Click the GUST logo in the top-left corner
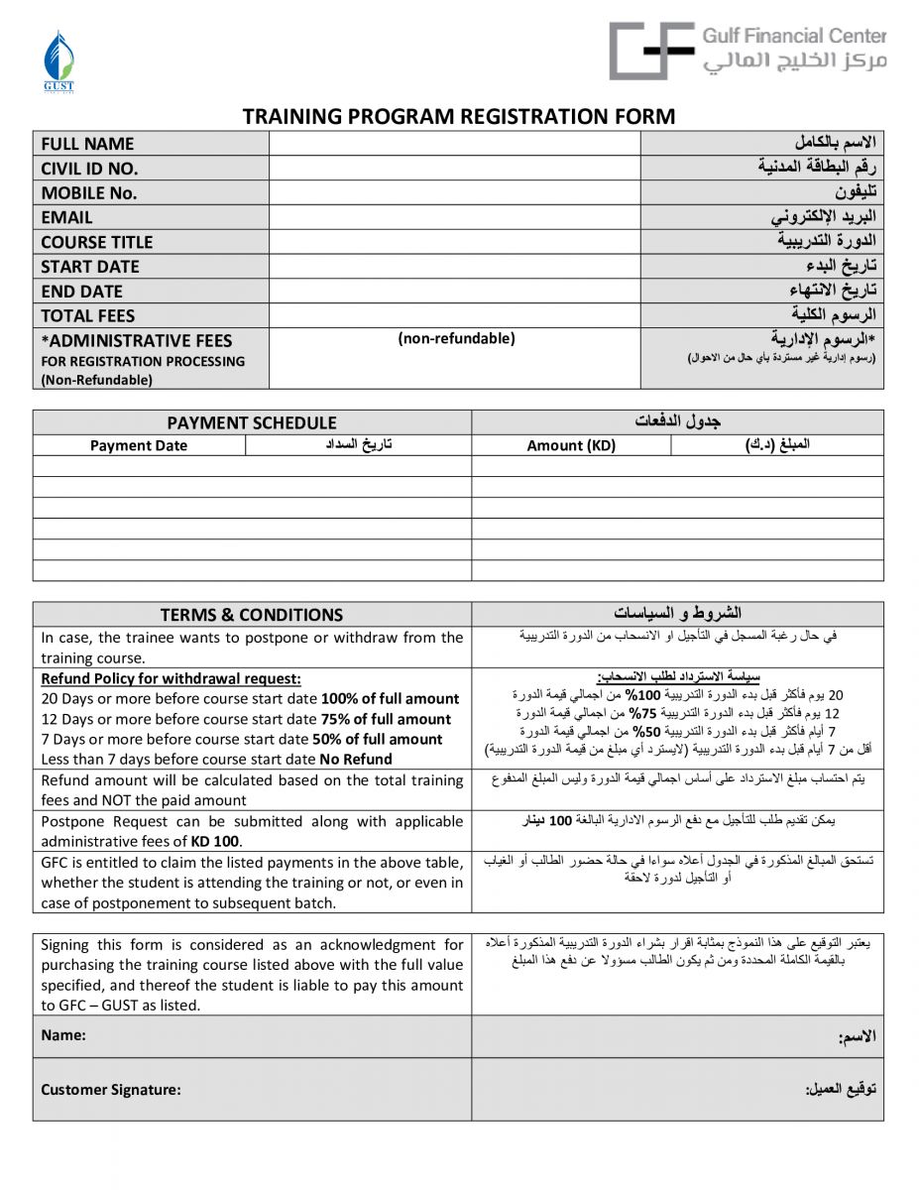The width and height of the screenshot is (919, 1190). [x=58, y=61]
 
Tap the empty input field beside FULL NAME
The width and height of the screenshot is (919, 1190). [x=454, y=144]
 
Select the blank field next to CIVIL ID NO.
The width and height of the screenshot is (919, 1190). [x=454, y=169]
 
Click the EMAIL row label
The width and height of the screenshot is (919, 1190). [x=66, y=217]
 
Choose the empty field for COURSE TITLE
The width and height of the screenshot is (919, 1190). [x=454, y=242]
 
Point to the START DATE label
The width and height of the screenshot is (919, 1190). [x=90, y=267]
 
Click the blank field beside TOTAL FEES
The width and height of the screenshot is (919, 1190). [x=454, y=315]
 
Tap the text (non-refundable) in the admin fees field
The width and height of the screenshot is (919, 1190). [x=456, y=339]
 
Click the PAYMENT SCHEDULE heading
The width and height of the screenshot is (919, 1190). [x=251, y=422]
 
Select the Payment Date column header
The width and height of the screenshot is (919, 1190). [x=138, y=445]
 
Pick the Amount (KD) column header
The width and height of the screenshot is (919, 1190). [x=571, y=445]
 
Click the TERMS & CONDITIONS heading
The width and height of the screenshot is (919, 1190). [x=251, y=615]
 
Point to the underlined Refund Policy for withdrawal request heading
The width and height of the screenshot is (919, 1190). [x=171, y=679]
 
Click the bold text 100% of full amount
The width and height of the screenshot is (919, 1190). [x=390, y=699]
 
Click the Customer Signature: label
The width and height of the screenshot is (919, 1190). [x=111, y=1090]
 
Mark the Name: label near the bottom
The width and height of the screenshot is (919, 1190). [x=63, y=1035]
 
